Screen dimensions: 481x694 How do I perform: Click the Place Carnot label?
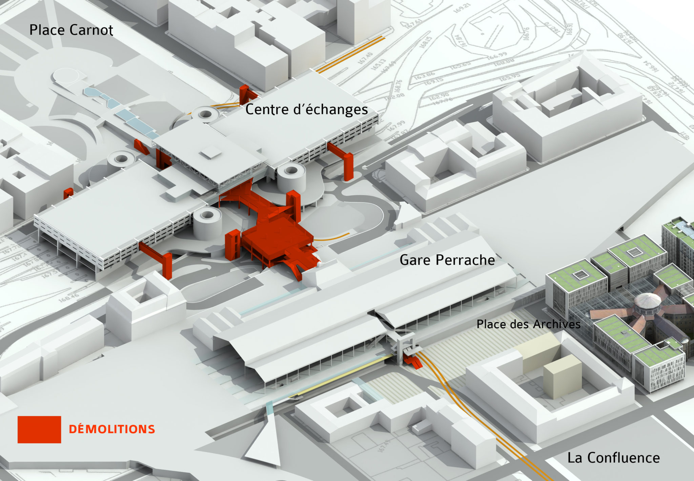click(x=71, y=30)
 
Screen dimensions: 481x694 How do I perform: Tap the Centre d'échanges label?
click(x=306, y=110)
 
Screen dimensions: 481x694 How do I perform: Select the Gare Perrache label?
click(x=447, y=260)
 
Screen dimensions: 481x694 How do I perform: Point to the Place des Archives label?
click(x=528, y=324)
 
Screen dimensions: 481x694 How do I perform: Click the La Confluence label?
click(x=613, y=458)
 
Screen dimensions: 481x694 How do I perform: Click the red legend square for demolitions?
click(x=39, y=429)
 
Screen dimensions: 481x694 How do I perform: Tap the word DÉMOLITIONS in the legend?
click(x=112, y=429)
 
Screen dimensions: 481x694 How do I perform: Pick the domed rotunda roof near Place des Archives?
click(x=648, y=302)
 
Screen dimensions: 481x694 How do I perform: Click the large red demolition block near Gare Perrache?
click(x=276, y=237)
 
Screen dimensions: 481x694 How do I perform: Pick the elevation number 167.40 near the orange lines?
click(x=365, y=58)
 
